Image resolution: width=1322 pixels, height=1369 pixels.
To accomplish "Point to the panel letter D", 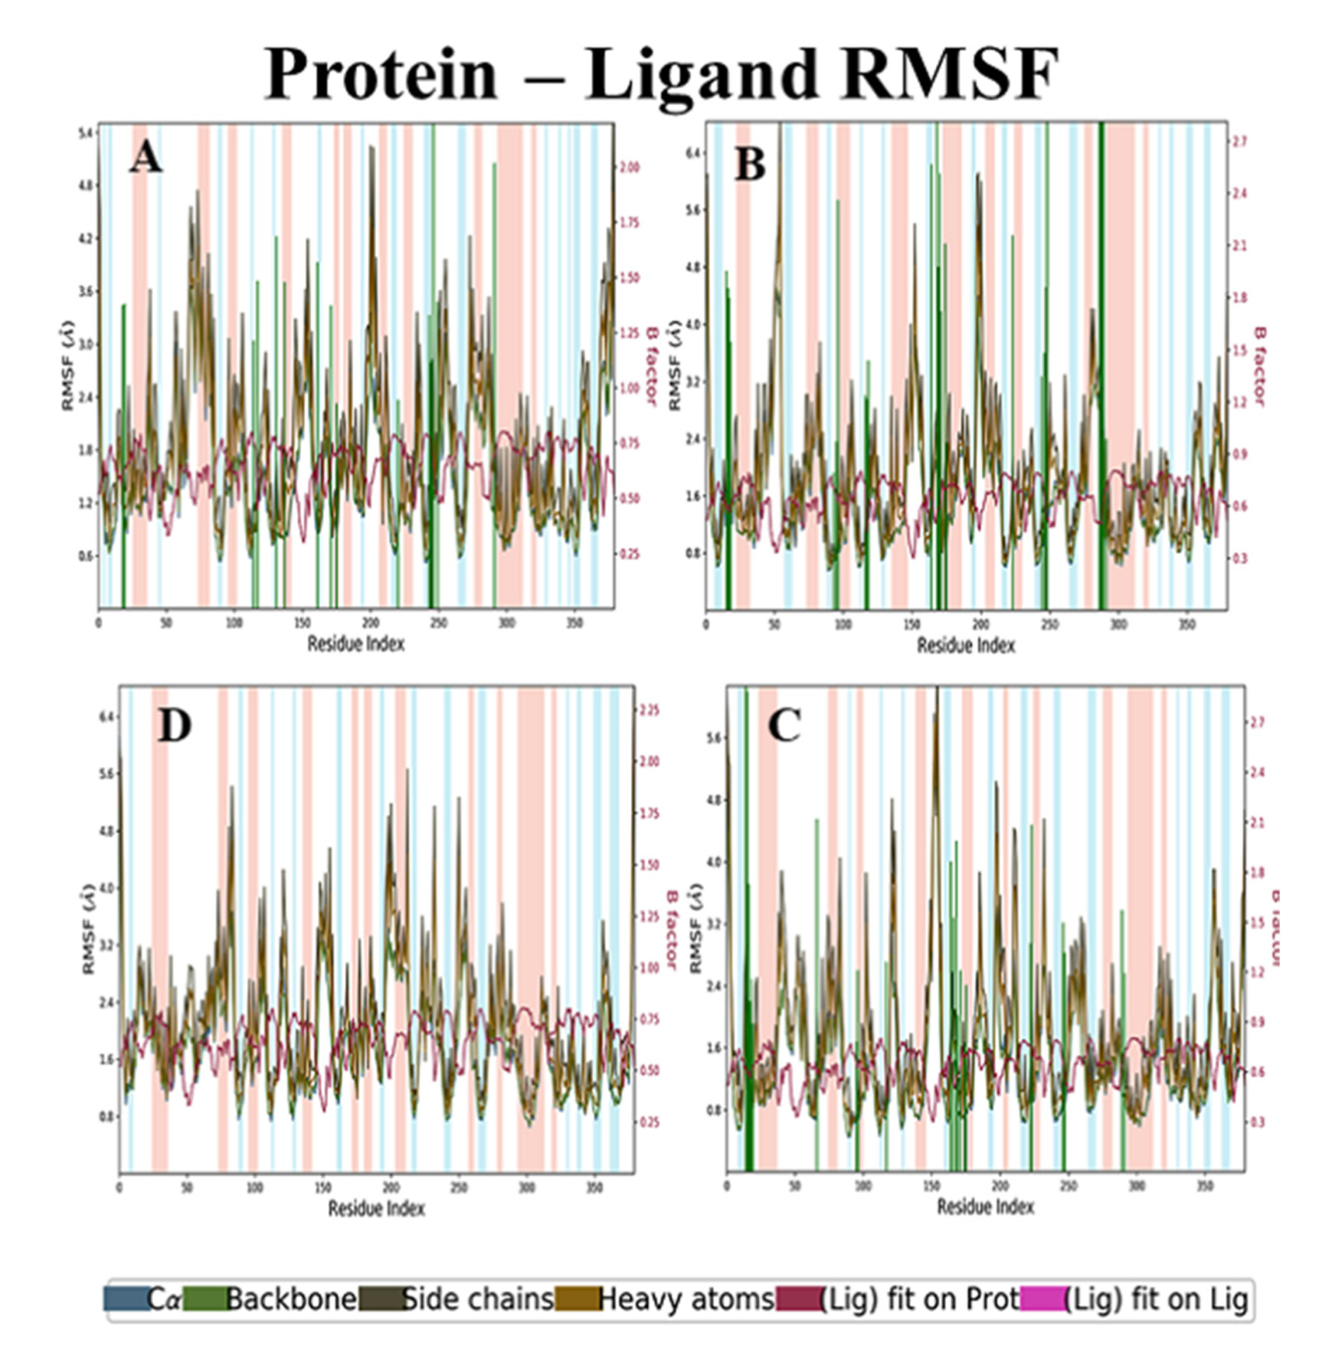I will coord(174,726).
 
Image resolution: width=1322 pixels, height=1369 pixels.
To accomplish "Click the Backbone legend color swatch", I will coord(205,1299).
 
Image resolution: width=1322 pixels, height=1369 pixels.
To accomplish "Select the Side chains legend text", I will coord(479,1299).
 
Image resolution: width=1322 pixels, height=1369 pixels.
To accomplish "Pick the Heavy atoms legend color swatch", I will coord(577,1299).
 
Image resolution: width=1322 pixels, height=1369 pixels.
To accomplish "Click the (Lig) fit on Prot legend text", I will coord(919,1299).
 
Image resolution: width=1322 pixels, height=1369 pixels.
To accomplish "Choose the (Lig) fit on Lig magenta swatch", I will coord(1042,1299).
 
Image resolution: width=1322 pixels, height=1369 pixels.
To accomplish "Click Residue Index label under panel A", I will coord(356,643).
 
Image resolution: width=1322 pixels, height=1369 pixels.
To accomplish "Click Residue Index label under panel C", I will coord(984,1206).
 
